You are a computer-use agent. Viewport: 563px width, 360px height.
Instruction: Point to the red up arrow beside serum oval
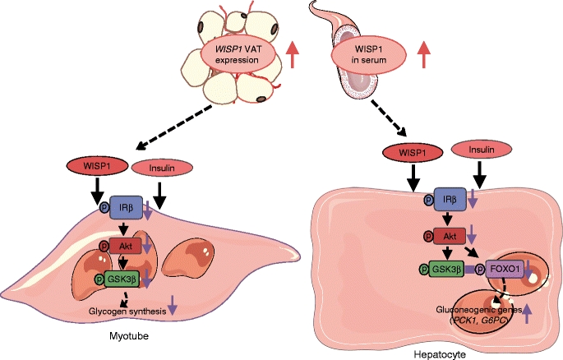click(423, 55)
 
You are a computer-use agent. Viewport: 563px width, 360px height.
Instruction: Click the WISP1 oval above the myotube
click(99, 165)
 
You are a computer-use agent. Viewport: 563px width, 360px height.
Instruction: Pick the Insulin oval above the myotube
click(162, 168)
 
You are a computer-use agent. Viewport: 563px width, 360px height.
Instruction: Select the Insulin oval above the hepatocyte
click(482, 153)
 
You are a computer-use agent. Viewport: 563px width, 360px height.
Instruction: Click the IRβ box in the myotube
click(130, 210)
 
